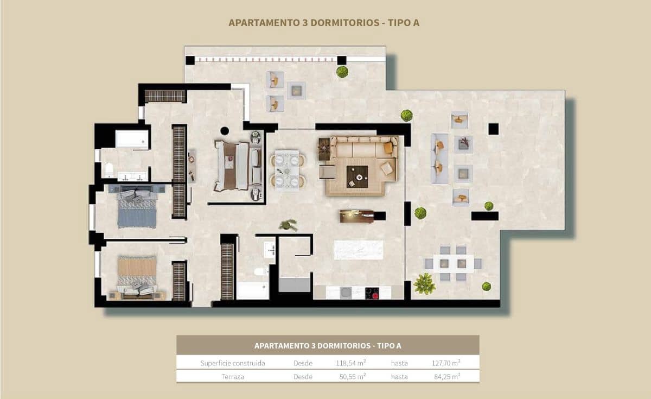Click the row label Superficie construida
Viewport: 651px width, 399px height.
pyautogui.click(x=232, y=363)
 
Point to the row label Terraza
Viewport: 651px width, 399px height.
pyautogui.click(x=232, y=376)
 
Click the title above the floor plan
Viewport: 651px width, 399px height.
pyautogui.click(x=324, y=23)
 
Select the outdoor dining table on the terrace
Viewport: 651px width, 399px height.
pyautogui.click(x=453, y=264)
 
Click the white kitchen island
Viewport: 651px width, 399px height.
pyautogui.click(x=358, y=250)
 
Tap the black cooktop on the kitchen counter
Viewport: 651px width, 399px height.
pyautogui.click(x=372, y=293)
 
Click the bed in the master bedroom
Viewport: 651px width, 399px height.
pyautogui.click(x=233, y=166)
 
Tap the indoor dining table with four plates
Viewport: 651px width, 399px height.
pyautogui.click(x=286, y=170)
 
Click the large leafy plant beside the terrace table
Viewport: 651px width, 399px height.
pyautogui.click(x=424, y=283)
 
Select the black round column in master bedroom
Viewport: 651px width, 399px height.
pyautogui.click(x=224, y=130)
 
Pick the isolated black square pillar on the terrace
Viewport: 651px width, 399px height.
pyautogui.click(x=493, y=129)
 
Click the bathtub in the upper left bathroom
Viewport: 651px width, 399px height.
pyautogui.click(x=132, y=139)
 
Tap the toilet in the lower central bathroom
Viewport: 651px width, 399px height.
pyautogui.click(x=261, y=271)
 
